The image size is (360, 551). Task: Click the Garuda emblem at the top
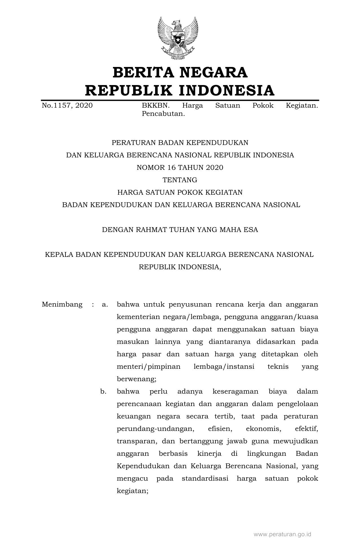[178, 38]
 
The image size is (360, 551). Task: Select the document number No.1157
[58, 106]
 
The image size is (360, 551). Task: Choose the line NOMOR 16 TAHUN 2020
[180, 168]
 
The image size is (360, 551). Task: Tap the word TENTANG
[180, 180]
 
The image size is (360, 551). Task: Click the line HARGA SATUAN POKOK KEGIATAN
[180, 192]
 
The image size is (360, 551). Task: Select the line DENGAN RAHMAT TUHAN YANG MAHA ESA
[180, 230]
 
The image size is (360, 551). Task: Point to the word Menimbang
[62, 305]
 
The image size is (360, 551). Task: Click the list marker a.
[105, 305]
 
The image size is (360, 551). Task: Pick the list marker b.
[103, 392]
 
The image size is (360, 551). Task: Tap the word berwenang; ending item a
[136, 379]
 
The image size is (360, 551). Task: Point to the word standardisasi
[205, 479]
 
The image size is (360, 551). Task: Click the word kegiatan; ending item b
[133, 491]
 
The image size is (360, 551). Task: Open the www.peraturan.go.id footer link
[282, 534]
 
